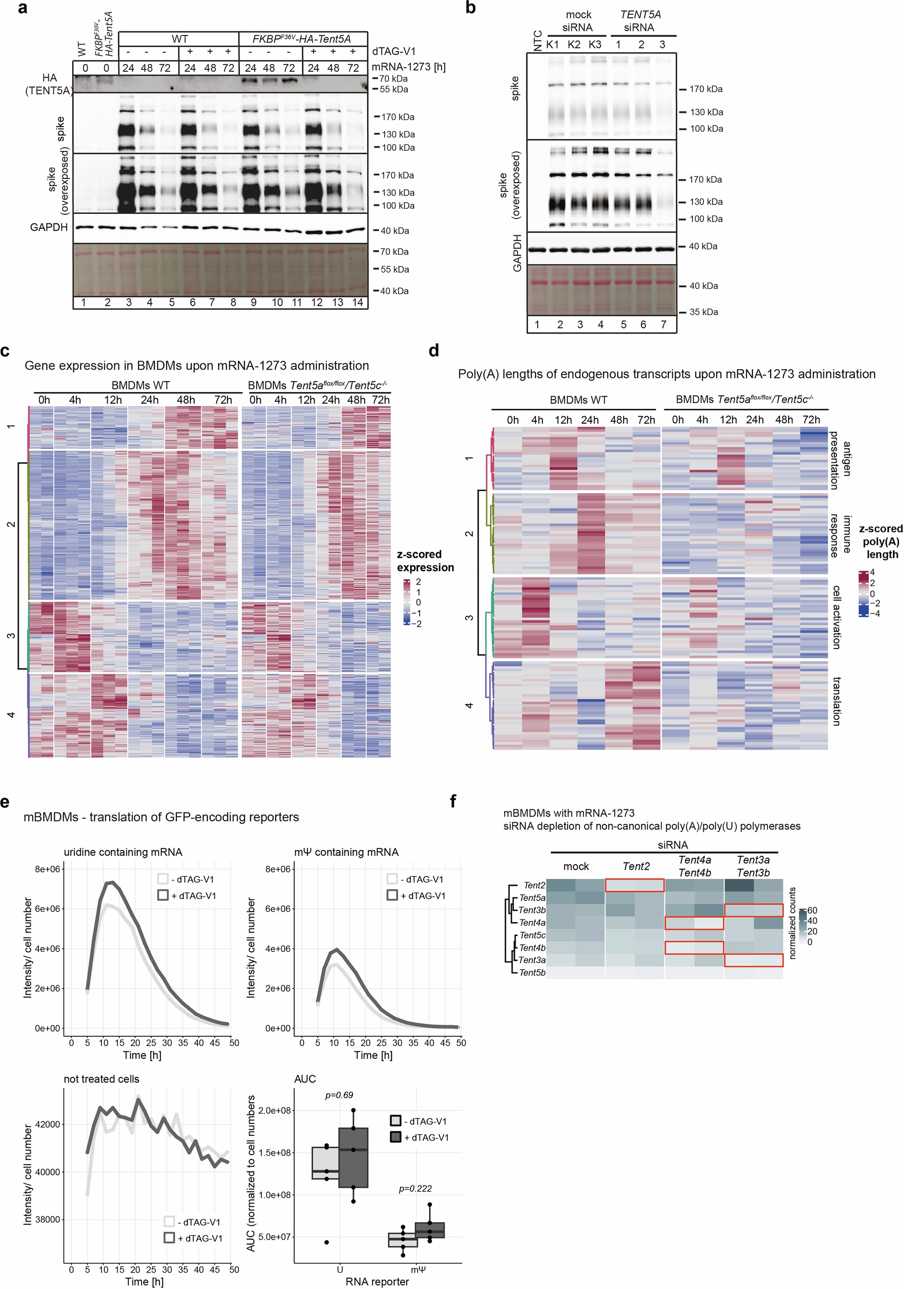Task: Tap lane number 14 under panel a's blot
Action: (x=358, y=303)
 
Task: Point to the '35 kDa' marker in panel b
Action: (x=703, y=312)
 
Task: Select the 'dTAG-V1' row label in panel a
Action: (x=393, y=52)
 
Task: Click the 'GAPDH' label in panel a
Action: (x=49, y=227)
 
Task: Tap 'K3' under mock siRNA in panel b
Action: (x=595, y=44)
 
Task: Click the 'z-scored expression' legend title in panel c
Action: (x=425, y=560)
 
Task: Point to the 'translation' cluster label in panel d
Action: (x=837, y=702)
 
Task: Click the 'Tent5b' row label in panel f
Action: (x=532, y=973)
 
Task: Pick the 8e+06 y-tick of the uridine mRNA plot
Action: (x=48, y=869)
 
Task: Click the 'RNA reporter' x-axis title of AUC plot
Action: (x=377, y=1281)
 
